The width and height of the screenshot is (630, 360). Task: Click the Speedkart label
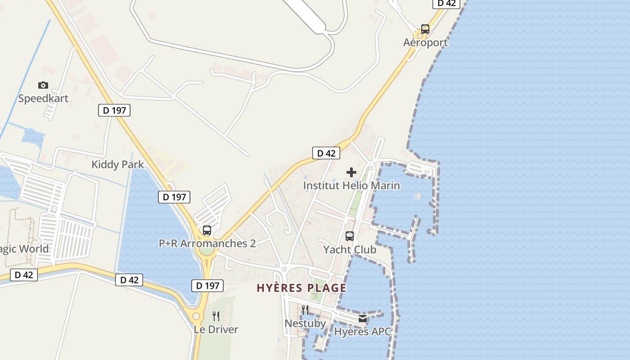tap(43, 98)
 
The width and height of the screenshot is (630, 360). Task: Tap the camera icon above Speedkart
tap(43, 85)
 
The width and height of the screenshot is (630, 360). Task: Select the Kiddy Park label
tap(117, 164)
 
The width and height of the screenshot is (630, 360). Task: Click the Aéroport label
tap(425, 43)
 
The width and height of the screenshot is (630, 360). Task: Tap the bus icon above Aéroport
tap(425, 29)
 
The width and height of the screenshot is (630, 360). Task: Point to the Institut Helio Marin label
tap(351, 185)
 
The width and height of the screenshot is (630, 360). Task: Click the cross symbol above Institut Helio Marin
tap(351, 172)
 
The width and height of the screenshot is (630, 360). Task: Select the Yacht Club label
tap(350, 249)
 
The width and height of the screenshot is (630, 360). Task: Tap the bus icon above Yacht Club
tap(350, 236)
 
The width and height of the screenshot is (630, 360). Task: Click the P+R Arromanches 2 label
tap(207, 243)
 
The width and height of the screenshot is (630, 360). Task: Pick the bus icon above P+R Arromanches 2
tap(207, 230)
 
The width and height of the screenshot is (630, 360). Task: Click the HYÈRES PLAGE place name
tap(301, 288)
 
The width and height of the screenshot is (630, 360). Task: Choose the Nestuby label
tap(305, 323)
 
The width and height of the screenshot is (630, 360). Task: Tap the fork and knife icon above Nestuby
tap(305, 310)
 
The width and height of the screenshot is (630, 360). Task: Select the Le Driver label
tap(216, 329)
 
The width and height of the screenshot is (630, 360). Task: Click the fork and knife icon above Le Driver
tap(216, 316)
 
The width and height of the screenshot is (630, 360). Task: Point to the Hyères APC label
tap(363, 332)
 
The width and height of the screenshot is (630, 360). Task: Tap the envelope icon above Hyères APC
tap(363, 319)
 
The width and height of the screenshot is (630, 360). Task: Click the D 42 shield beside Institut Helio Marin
tap(326, 153)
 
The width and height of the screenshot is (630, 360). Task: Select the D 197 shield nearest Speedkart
tap(114, 110)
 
